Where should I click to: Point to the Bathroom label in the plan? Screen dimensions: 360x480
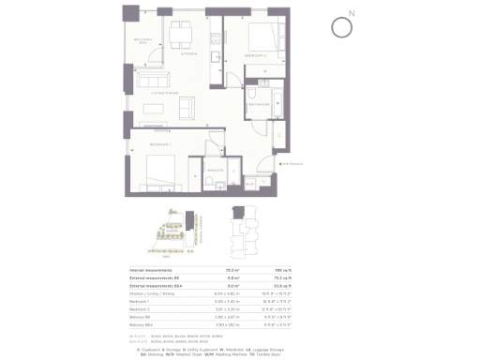[260, 105]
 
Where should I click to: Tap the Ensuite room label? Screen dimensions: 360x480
[215, 170]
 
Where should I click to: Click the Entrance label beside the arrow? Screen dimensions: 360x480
[318, 162]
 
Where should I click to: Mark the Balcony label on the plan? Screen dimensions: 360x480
[143, 40]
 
